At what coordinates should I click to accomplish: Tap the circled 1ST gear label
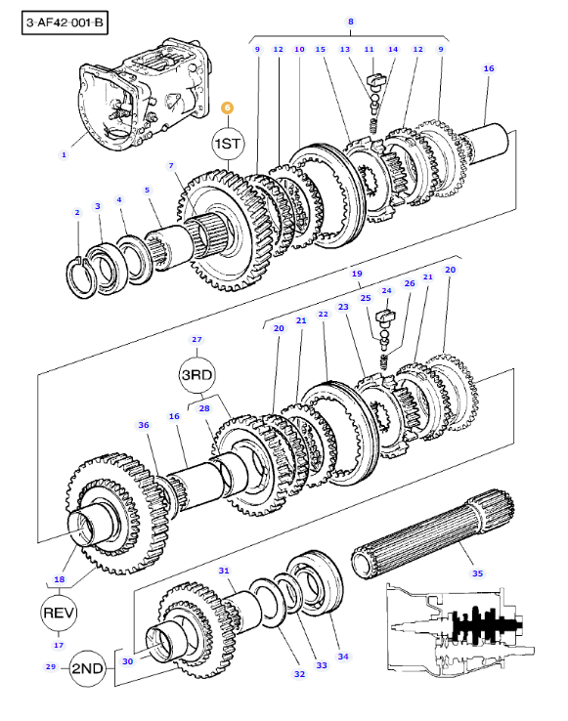click(x=227, y=145)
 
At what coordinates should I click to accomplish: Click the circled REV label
click(x=59, y=612)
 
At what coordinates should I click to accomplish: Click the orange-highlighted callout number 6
click(x=227, y=108)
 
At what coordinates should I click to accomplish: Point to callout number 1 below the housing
click(x=64, y=153)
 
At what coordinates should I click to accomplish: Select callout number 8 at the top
click(x=350, y=21)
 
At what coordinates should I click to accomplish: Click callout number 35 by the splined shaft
click(x=478, y=573)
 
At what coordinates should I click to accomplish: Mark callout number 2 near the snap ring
click(x=77, y=212)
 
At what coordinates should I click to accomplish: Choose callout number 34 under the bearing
click(x=343, y=656)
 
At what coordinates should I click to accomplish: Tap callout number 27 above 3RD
click(x=197, y=339)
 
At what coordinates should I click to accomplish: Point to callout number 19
click(x=357, y=274)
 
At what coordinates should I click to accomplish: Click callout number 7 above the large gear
click(x=171, y=165)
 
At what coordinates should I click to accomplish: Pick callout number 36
click(x=144, y=425)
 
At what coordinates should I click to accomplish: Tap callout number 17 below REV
click(x=59, y=645)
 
